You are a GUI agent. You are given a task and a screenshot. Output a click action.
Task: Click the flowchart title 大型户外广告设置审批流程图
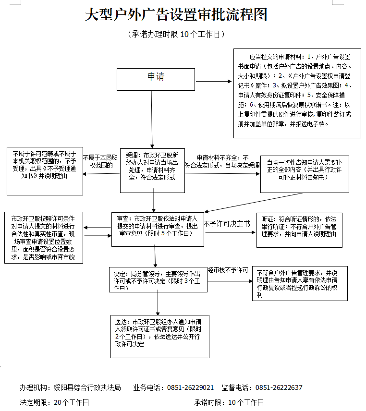[176, 15]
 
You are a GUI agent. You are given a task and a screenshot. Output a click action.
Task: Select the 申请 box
[156, 79]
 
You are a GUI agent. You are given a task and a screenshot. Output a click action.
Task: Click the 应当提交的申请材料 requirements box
[297, 93]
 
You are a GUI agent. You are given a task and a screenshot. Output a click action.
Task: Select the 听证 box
[299, 229]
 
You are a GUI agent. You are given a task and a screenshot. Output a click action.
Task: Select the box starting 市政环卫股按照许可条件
[43, 238]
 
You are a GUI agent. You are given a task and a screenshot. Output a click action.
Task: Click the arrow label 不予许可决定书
[227, 224]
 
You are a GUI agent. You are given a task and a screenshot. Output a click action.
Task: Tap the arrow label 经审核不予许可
[228, 270]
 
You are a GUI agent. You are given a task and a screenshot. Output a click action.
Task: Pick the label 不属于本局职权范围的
[100, 161]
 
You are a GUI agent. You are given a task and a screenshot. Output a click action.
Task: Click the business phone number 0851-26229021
[191, 387]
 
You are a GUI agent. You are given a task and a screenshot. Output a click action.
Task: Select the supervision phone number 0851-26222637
[279, 387]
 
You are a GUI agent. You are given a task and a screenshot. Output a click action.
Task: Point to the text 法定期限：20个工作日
[54, 402]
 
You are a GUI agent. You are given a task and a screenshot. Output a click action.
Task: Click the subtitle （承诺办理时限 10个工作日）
[176, 35]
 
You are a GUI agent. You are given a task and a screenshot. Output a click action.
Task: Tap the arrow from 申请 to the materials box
[214, 81]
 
